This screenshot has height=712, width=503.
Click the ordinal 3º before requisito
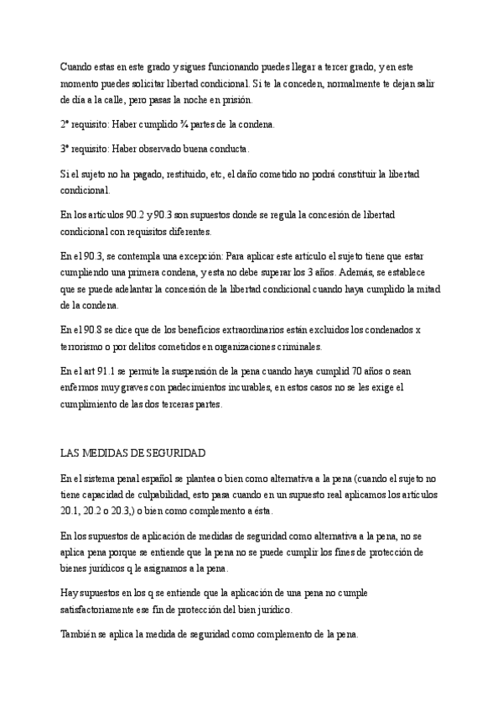click(x=66, y=149)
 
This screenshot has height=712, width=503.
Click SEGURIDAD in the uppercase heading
click(x=172, y=453)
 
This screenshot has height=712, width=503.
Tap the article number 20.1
click(x=70, y=510)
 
